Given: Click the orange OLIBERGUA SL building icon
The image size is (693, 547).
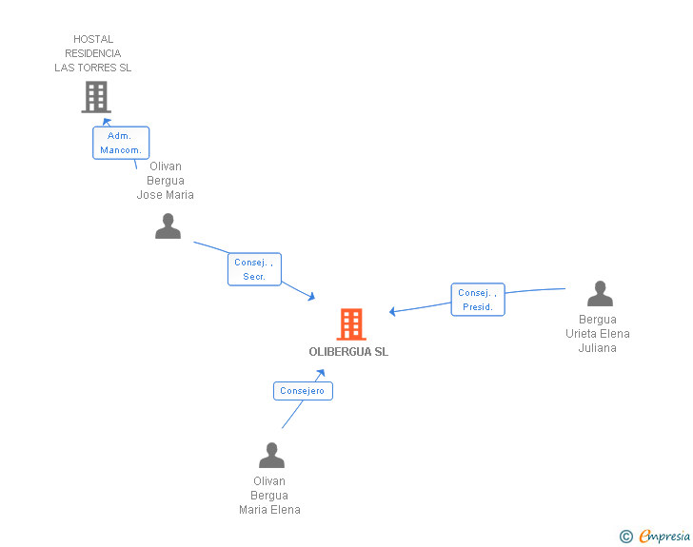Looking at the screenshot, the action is click(x=351, y=324).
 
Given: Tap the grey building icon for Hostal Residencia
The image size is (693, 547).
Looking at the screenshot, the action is click(x=96, y=97).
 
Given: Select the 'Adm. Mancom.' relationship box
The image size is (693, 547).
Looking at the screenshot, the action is click(x=121, y=143).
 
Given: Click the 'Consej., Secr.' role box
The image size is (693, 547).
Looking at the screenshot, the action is click(x=254, y=269).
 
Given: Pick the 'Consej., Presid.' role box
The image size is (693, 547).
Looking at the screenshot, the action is click(x=478, y=300).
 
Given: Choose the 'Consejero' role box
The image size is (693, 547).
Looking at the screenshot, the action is click(x=303, y=391).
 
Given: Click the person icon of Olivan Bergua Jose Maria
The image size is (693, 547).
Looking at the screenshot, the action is click(x=168, y=225).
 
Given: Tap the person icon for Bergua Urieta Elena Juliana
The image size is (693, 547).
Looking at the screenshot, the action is click(x=600, y=293).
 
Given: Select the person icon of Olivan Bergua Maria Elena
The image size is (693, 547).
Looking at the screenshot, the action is click(x=272, y=455).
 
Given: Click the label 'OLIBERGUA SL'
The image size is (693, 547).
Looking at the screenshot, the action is click(x=348, y=352).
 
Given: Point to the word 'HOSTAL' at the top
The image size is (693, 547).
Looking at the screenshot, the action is click(x=93, y=39).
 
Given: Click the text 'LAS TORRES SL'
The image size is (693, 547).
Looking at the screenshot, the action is click(x=93, y=68).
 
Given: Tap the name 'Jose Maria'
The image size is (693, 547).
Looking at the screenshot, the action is click(x=166, y=195).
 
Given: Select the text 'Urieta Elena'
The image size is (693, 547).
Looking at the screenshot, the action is click(x=598, y=334).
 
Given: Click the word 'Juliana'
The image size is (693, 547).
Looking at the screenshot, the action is click(x=598, y=348).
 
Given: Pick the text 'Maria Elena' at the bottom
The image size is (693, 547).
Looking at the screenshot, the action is click(x=269, y=510).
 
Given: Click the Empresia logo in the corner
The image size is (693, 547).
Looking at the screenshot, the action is click(x=664, y=536).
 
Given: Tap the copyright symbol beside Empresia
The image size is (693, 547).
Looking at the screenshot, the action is click(x=626, y=537).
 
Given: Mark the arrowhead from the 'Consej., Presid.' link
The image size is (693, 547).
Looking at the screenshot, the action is click(x=392, y=311).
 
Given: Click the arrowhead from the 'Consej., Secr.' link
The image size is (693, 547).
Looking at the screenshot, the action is click(x=311, y=297).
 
